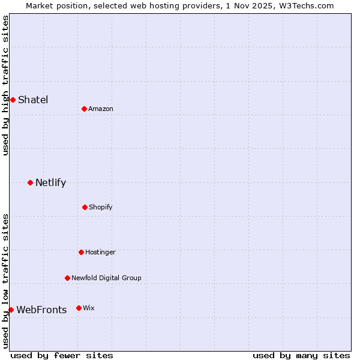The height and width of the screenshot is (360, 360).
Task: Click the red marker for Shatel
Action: point(13,100)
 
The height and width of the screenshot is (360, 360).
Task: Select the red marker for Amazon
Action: point(84,109)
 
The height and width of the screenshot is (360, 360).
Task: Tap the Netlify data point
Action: point(30,182)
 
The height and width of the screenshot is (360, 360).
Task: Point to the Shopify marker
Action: point(85,207)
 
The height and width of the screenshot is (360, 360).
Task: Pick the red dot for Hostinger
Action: point(81,252)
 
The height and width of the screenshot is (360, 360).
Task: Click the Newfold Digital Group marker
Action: point(67,278)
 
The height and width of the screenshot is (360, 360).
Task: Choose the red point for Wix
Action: point(79,308)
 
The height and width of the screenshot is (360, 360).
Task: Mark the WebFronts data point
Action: point(11,310)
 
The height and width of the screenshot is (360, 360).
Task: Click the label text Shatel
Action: point(33,100)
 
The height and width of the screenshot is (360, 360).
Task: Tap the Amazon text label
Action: point(101,109)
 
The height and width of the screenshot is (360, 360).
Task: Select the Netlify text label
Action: point(50,182)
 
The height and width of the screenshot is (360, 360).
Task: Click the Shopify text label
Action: point(101,207)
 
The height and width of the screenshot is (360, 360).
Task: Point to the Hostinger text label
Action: point(100,252)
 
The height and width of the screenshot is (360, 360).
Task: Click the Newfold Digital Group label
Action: point(106,278)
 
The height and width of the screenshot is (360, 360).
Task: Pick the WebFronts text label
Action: point(41,310)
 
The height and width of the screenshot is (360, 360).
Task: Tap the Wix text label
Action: point(89,308)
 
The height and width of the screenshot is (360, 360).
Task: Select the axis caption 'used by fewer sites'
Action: point(62,355)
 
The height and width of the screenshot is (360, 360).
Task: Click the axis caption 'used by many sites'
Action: point(301,355)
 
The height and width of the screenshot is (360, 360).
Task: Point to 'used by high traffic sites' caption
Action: point(5,85)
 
